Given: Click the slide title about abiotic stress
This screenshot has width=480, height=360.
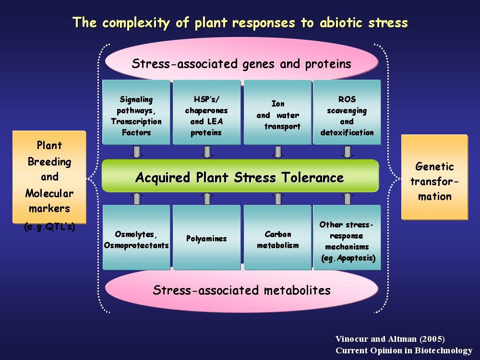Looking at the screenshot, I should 240,23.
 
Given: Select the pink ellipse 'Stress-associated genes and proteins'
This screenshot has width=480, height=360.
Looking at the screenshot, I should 241,63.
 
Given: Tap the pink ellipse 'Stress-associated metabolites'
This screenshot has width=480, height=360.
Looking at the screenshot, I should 241,290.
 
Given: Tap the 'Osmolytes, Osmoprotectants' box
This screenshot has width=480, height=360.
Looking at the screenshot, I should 136,238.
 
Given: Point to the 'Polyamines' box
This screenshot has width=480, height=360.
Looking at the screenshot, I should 206,238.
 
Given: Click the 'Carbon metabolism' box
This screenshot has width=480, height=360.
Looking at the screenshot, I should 277,238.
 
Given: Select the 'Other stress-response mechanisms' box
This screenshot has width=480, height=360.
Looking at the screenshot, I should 347,238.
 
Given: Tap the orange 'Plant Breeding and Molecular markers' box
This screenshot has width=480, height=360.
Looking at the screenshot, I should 49,177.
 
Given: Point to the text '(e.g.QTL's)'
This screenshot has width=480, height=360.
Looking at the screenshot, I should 50,227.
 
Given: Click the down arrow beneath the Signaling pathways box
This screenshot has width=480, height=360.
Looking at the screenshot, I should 137,152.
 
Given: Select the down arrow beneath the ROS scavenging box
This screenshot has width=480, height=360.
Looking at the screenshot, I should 347,152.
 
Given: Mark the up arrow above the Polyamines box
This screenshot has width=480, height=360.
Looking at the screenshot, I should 207,198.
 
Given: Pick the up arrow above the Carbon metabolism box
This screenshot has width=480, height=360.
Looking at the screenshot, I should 277,198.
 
